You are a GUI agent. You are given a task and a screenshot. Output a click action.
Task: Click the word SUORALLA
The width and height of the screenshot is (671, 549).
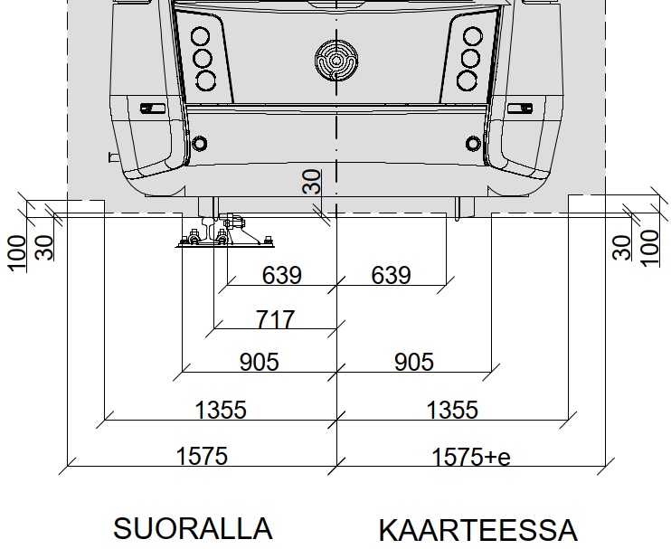click(x=193, y=528)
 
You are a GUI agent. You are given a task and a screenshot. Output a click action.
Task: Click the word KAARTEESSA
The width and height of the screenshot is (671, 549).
click(x=478, y=530)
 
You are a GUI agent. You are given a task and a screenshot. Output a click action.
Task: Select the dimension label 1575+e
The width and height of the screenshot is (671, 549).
click(x=471, y=457)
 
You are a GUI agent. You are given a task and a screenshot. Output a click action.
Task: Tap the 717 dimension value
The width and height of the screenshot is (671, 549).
click(x=275, y=319)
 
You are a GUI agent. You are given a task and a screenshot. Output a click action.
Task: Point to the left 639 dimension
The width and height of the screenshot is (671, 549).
click(x=281, y=275)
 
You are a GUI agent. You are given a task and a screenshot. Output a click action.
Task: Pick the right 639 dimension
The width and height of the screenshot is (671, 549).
click(x=391, y=275)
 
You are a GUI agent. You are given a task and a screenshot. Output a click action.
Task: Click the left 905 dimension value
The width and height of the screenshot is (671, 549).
click(x=259, y=362)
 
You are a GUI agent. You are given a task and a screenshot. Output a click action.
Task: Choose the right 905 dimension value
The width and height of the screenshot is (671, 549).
click(x=413, y=362)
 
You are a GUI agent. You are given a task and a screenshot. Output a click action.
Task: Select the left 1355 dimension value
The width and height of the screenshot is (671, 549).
click(x=221, y=410)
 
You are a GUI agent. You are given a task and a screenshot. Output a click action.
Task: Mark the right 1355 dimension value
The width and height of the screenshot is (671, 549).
click(x=452, y=410)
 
